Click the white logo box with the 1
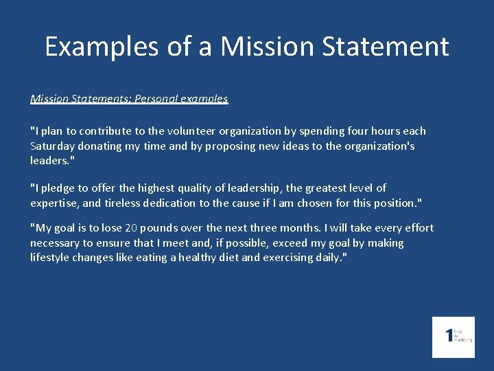(x=453, y=337)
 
